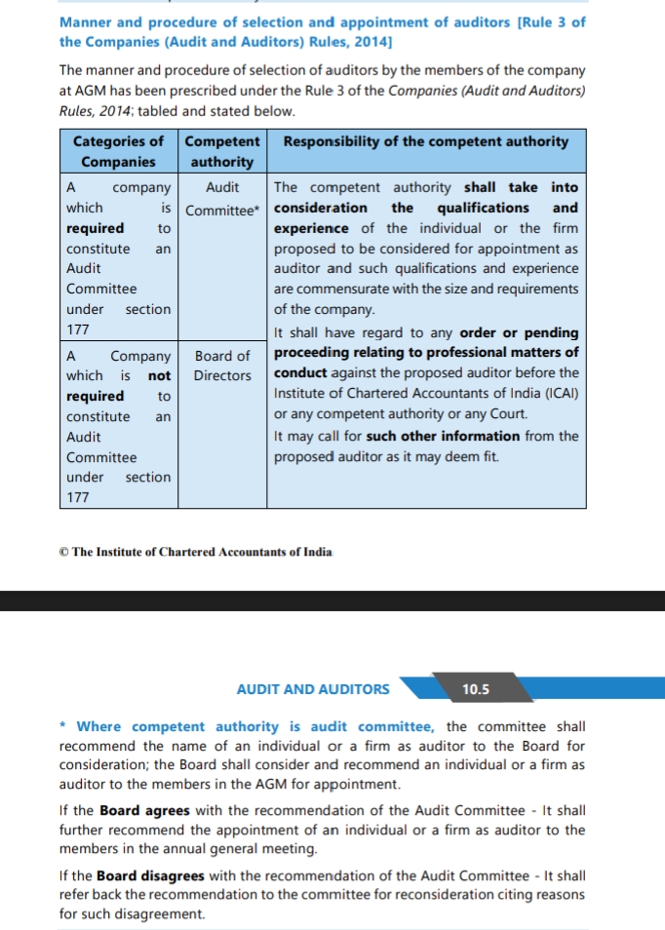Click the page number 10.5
(476, 689)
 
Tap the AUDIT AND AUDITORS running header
(313, 689)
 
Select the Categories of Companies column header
(119, 151)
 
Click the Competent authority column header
(222, 151)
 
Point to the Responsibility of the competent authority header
(426, 141)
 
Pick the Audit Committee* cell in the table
(222, 199)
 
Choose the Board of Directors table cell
(222, 366)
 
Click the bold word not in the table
(159, 375)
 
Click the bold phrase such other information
(443, 436)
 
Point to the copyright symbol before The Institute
(63, 552)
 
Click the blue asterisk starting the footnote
(63, 727)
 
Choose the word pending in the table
(552, 332)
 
